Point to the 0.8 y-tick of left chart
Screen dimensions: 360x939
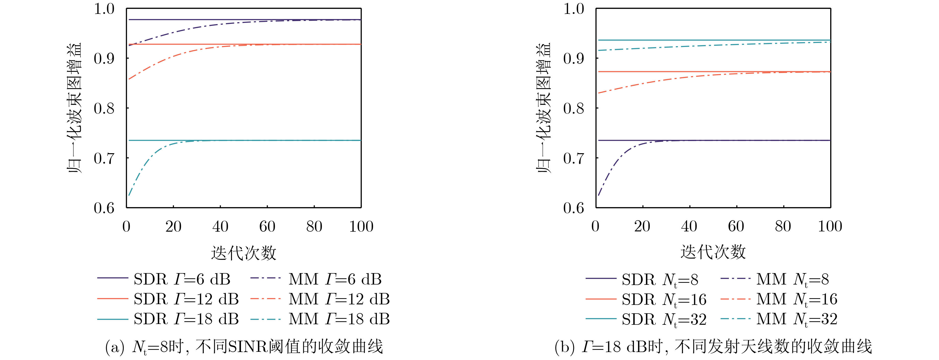pos(104,108)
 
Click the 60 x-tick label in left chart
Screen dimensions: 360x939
pos(267,227)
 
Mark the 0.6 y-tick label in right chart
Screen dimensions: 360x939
pos(574,208)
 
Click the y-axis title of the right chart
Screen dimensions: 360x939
pos(543,108)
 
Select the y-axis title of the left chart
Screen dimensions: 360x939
pos(74,108)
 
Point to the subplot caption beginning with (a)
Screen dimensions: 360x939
pos(243,347)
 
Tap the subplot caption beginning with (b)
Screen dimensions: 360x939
pos(713,347)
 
